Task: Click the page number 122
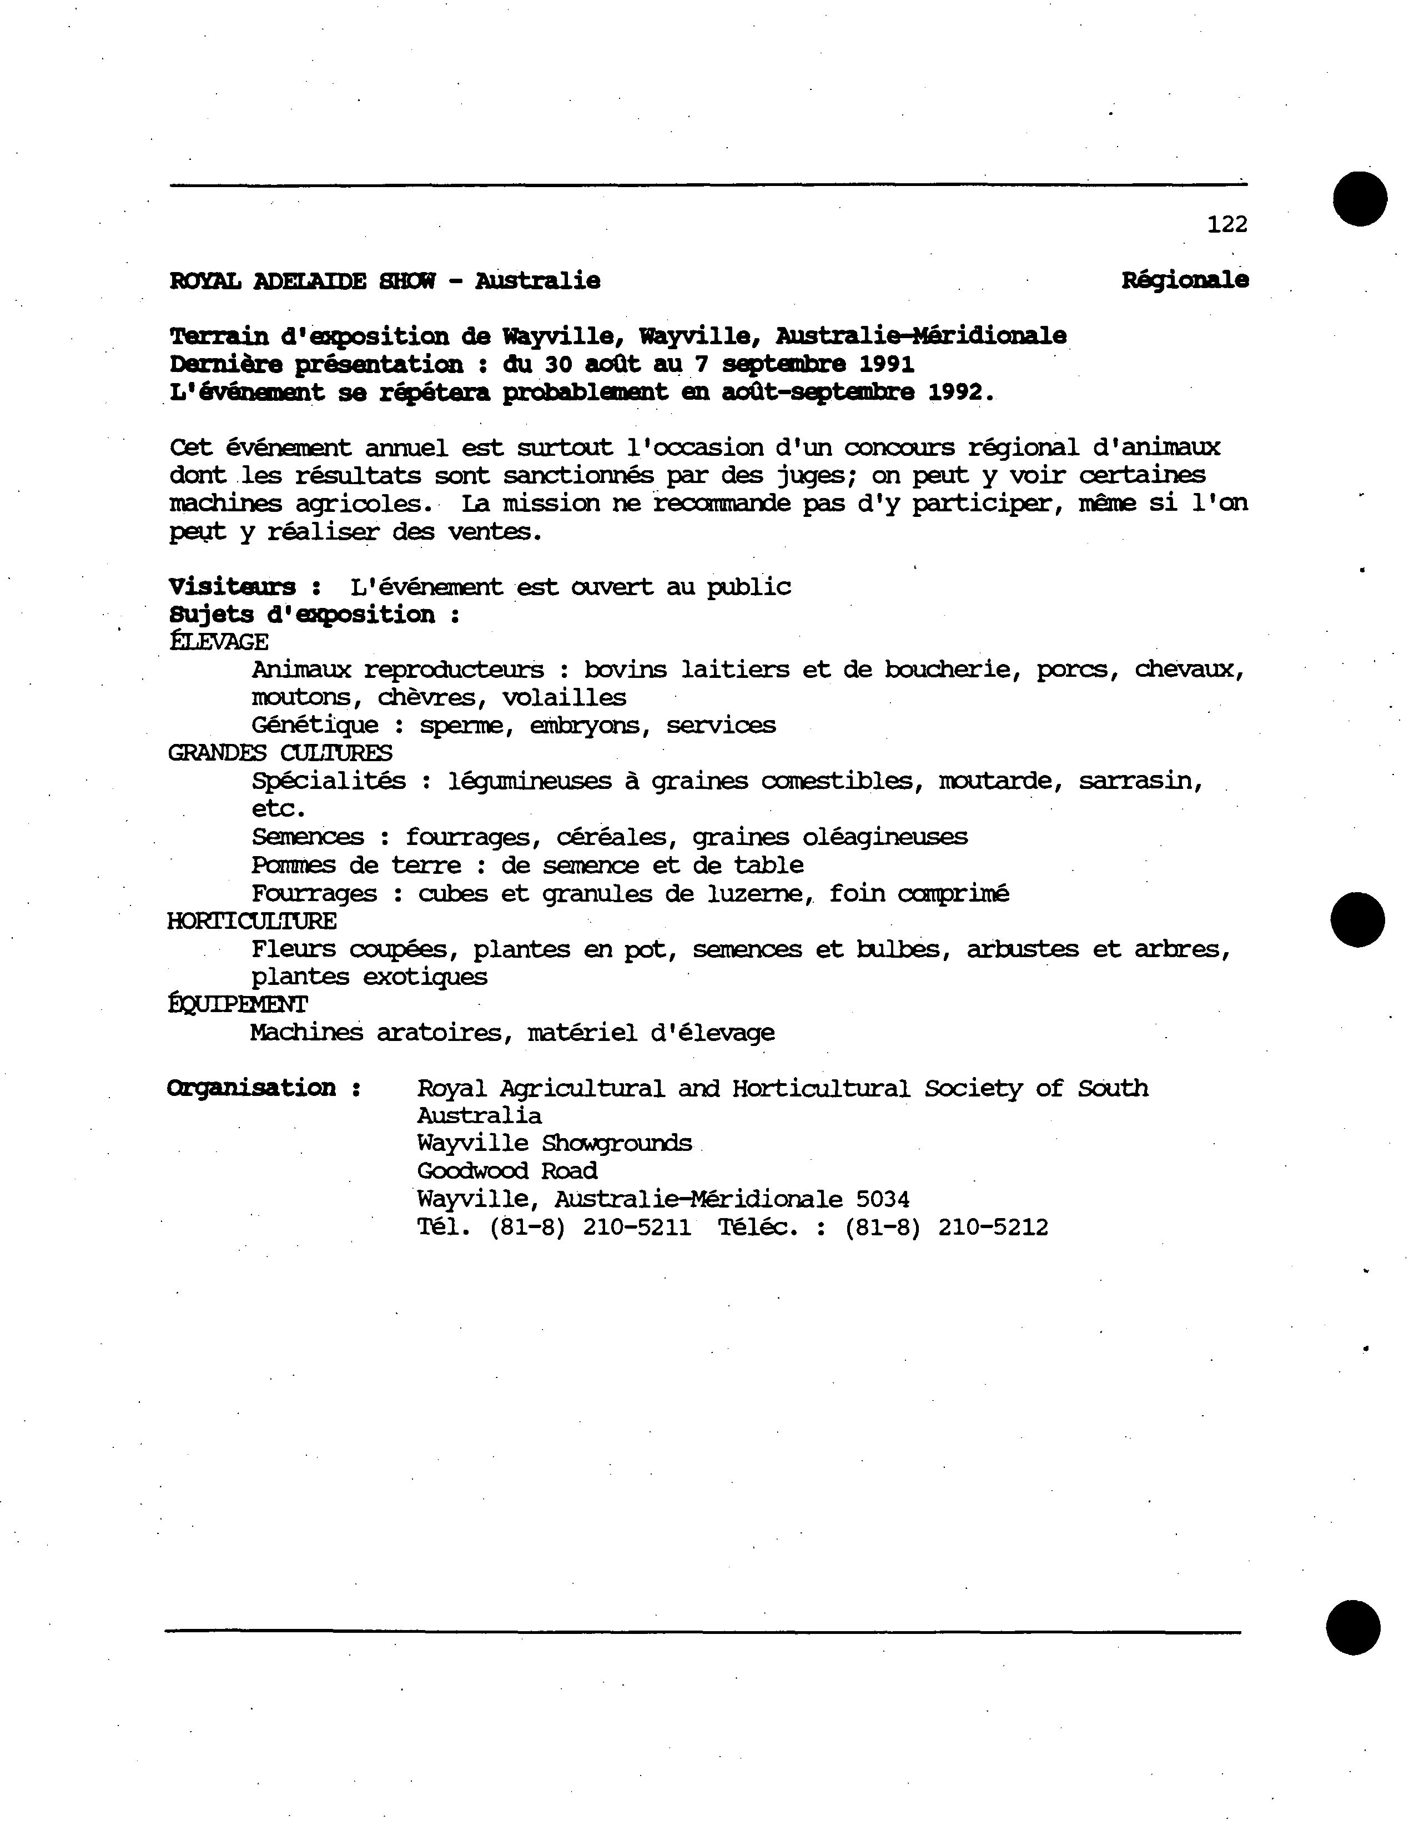1226,224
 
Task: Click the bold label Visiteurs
232,586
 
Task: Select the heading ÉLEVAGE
218,642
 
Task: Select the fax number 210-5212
993,1228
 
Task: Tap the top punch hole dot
1360,199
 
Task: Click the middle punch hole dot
1358,919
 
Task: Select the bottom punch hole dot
1353,1628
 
